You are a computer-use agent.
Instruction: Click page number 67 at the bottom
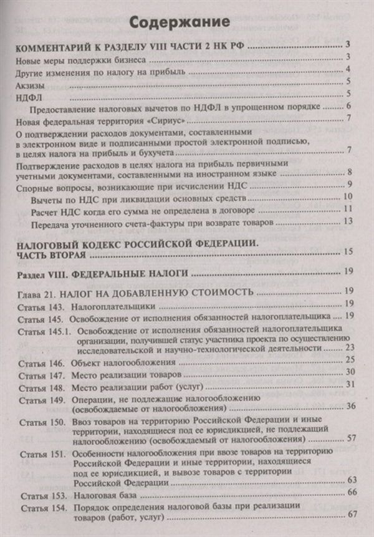coord(351,515)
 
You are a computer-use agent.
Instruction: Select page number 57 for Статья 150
coord(350,439)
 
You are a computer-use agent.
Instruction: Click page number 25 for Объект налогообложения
coord(349,362)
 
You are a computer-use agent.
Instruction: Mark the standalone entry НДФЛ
coord(26,95)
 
